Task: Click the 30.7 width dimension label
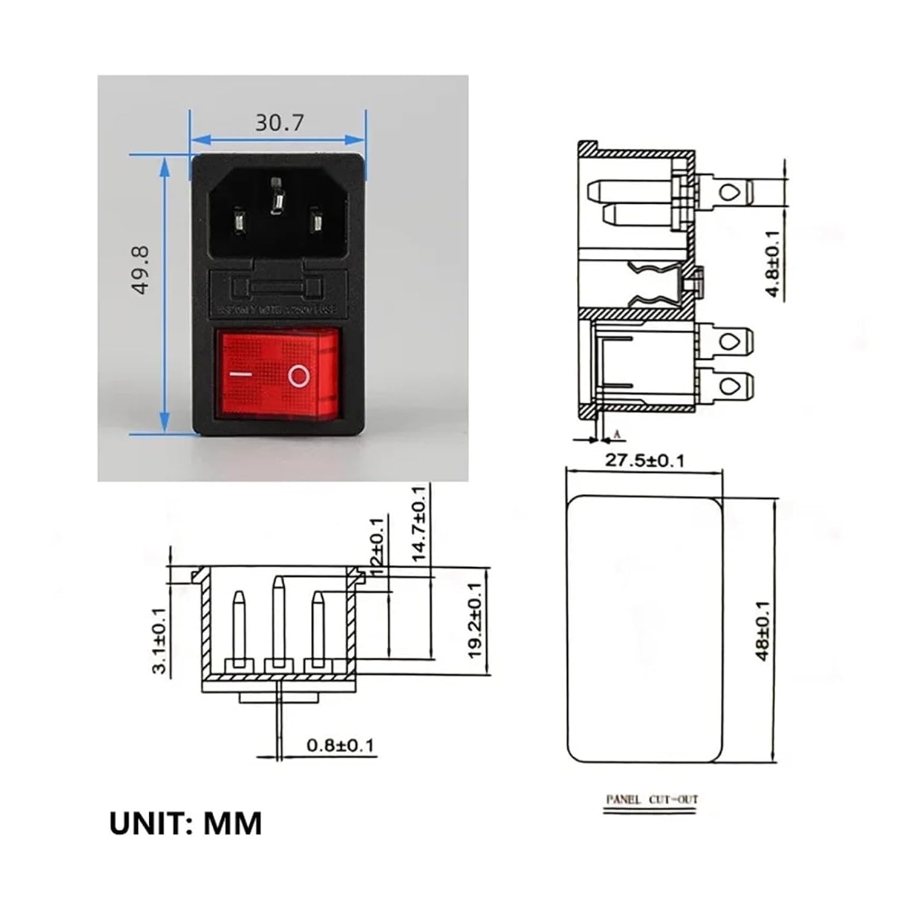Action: click(x=279, y=123)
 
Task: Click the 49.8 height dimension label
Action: click(x=140, y=270)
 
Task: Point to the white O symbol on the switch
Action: click(x=299, y=375)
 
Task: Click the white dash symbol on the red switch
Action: click(x=241, y=374)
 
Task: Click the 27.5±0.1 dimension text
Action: click(x=645, y=461)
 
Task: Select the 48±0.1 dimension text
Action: click(x=762, y=631)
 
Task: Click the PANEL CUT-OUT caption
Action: click(x=652, y=800)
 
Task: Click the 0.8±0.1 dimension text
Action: click(x=340, y=745)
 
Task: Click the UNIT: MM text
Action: click(x=186, y=824)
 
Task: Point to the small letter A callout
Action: click(x=617, y=434)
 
